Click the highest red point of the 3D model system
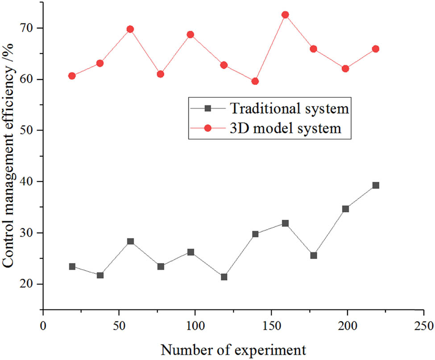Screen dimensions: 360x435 tap(285, 15)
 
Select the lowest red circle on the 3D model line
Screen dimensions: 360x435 tap(255, 81)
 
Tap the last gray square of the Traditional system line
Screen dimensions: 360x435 tap(376, 185)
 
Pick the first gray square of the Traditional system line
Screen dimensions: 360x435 tap(72, 267)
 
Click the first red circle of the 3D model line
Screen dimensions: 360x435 tap(72, 76)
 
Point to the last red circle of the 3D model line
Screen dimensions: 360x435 tap(376, 49)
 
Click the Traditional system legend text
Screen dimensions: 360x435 tap(289, 108)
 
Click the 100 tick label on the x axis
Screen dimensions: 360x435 tap(195, 323)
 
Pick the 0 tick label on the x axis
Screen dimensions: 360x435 tap(43, 323)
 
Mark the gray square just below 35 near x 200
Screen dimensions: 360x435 tap(345, 209)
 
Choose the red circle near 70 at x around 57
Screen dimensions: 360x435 tap(130, 29)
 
